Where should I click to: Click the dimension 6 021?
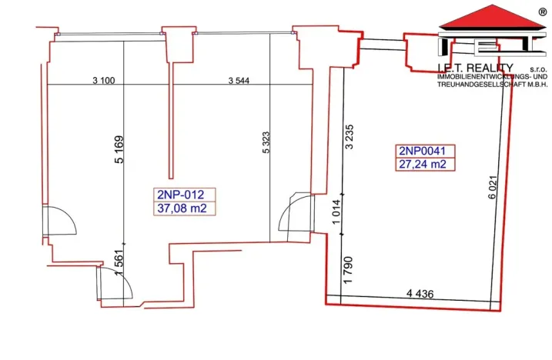click(489, 189)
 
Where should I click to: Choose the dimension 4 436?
click(420, 292)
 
